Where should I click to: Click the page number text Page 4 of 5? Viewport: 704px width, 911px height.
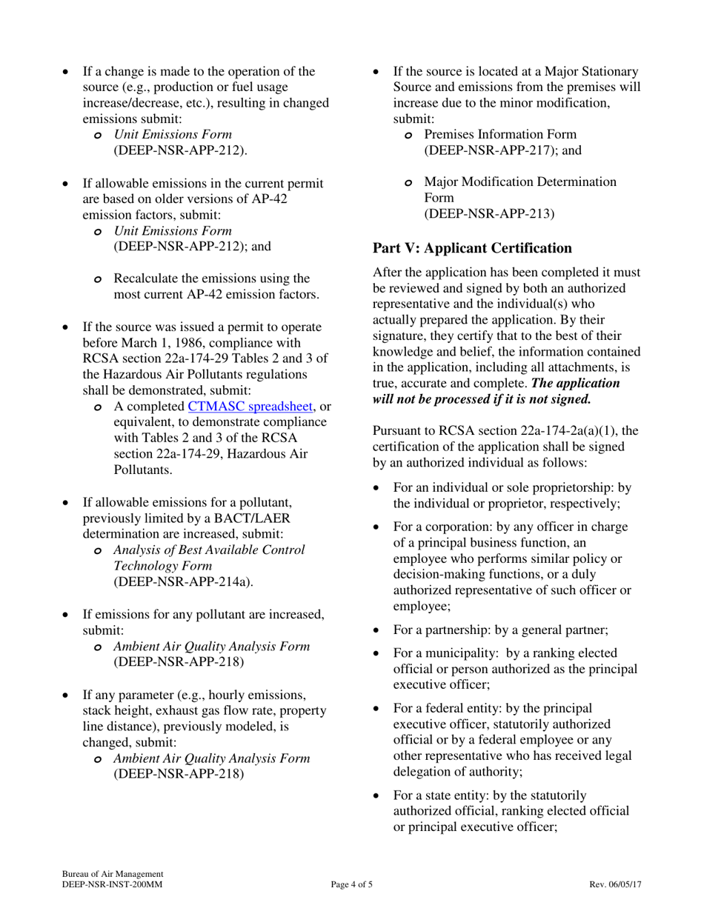[x=352, y=884]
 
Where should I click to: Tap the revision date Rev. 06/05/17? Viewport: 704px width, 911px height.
[x=615, y=884]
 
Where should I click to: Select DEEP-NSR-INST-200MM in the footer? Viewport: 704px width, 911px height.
[x=112, y=884]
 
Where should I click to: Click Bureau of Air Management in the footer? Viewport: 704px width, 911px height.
[x=113, y=874]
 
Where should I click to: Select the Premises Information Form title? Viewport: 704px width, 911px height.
[x=500, y=134]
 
